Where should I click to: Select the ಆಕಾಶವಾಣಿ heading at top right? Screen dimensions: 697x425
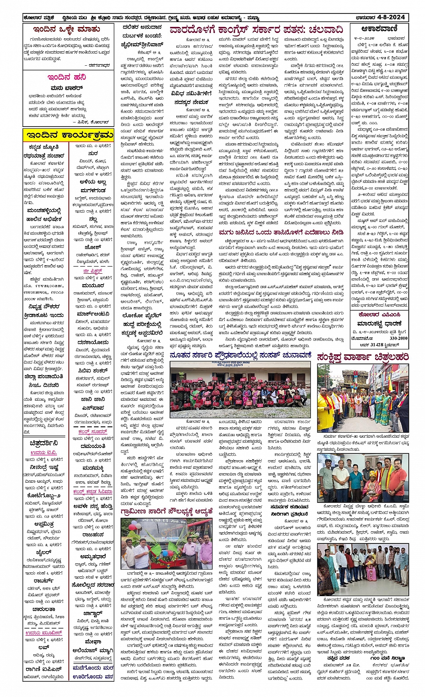point(380,29)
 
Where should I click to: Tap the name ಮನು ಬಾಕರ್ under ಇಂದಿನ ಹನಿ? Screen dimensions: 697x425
point(67,88)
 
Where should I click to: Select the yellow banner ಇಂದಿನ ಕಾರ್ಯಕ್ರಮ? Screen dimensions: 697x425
point(68,135)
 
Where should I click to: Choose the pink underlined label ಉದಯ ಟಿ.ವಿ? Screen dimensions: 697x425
point(44,453)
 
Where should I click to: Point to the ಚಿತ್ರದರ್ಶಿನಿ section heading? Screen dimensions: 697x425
point(44,443)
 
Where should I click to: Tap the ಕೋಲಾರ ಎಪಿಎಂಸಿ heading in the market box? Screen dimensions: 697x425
point(379,315)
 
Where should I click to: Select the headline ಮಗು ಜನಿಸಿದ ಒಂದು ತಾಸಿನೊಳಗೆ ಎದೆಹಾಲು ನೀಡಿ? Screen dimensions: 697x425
point(281,233)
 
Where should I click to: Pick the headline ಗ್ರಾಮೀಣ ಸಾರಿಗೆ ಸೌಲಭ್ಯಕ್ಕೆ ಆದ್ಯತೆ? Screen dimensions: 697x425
point(166,512)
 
